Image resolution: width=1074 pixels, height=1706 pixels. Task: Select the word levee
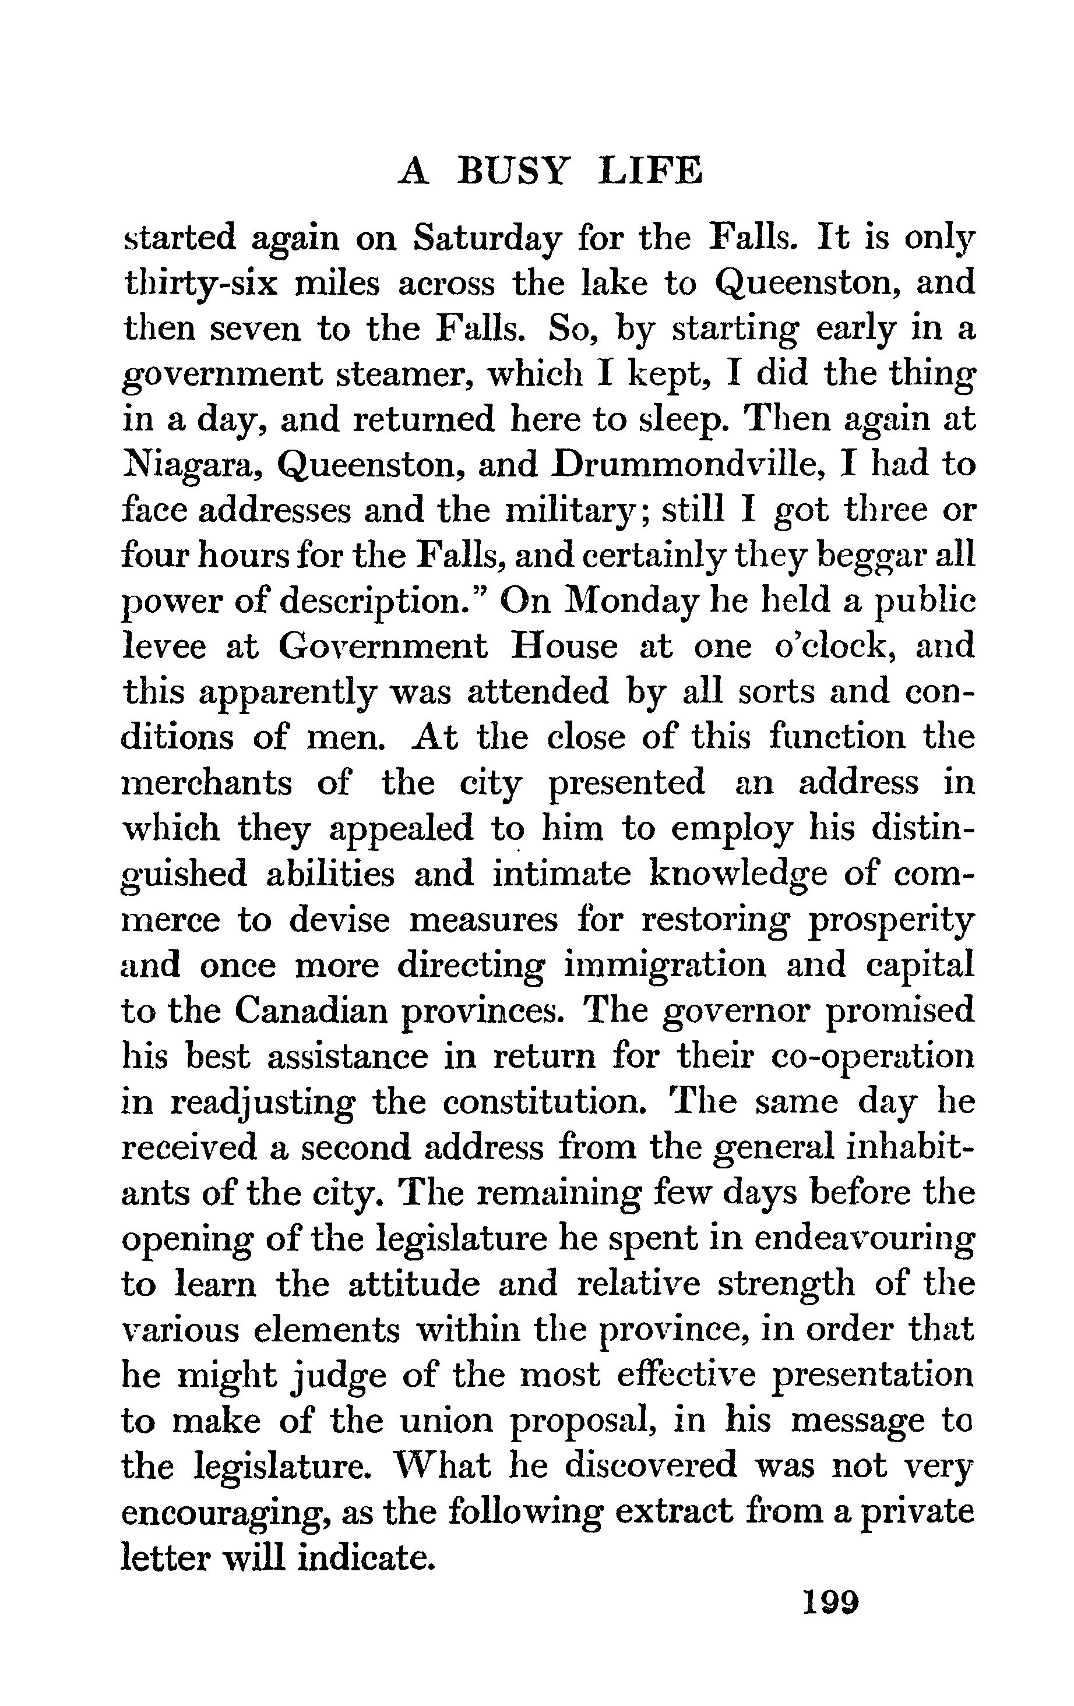tap(164, 647)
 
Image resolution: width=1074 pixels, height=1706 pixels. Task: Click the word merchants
tap(207, 783)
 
